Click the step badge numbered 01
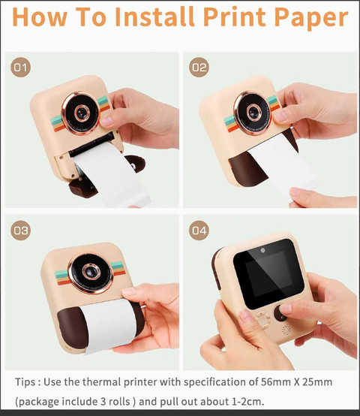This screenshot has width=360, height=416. click(21, 68)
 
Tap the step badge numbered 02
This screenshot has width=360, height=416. click(199, 68)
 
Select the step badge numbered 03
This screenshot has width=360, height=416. click(21, 231)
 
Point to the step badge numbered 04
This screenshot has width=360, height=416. click(199, 231)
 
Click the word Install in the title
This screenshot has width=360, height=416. click(155, 17)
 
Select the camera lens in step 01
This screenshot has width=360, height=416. click(81, 113)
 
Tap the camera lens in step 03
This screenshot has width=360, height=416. click(91, 273)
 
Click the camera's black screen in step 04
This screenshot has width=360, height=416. click(268, 273)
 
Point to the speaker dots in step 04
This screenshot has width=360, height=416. click(286, 330)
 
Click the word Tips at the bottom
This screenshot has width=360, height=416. click(25, 382)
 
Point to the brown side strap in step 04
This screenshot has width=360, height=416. click(217, 268)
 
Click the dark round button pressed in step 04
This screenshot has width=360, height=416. click(280, 313)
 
